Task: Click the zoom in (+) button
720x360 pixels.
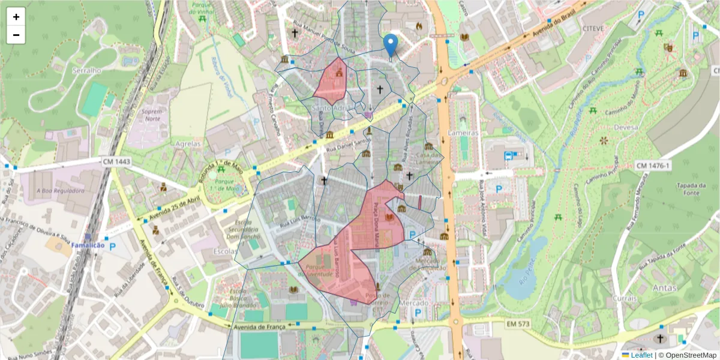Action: pos(16,17)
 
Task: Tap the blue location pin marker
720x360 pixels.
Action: pos(391,45)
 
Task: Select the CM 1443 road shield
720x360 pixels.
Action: pos(116,161)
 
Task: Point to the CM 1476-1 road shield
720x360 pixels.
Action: pos(653,165)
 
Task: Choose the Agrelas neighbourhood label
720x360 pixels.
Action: pos(188,145)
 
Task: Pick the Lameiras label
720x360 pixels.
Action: pos(463,132)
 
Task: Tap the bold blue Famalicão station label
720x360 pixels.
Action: pos(88,245)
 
